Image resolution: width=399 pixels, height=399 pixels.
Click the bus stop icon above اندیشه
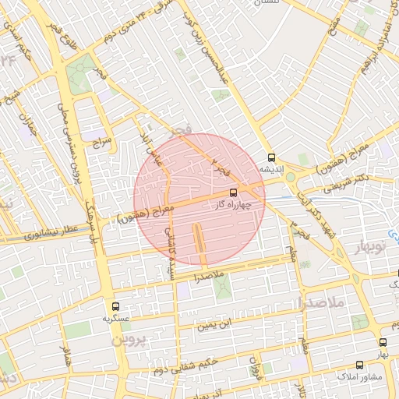click(270, 157)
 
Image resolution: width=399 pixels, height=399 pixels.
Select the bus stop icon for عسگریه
click(116, 307)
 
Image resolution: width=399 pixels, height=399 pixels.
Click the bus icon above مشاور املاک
click(359, 365)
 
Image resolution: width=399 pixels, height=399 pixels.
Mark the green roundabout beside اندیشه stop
click(291, 177)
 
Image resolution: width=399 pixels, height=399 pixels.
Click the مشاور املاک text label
click(359, 377)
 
